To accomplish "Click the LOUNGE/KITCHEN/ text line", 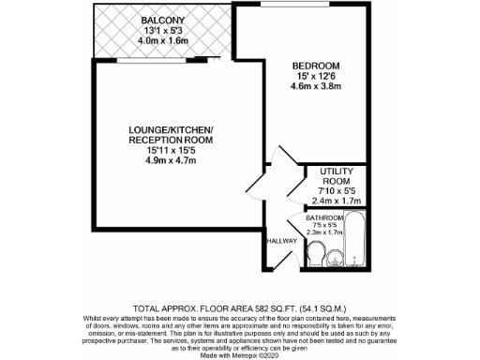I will (x=172, y=128).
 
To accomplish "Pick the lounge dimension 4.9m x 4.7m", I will (x=172, y=161).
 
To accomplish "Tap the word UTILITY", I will (x=335, y=172).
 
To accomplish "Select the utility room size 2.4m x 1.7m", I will (x=335, y=200).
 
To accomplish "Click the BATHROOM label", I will (x=325, y=217).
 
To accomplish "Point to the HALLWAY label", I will (x=281, y=241).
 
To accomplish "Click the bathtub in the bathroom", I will (x=356, y=243).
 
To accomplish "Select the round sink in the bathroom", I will (x=336, y=257).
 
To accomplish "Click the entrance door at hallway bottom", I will (x=281, y=265).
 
